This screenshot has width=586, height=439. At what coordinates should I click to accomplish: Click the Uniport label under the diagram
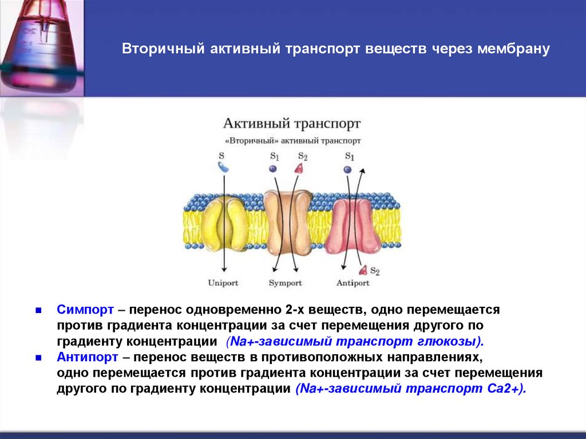[x=223, y=283]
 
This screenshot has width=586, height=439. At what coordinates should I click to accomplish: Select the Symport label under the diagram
[x=285, y=283]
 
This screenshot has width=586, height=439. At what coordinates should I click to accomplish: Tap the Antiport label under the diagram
[x=353, y=283]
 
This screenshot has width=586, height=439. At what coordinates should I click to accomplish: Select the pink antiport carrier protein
[x=355, y=226]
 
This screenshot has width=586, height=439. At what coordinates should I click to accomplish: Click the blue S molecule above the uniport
[x=223, y=167]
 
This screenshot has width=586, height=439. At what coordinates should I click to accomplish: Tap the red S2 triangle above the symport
[x=299, y=168]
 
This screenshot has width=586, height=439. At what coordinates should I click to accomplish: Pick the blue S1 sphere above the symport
[x=273, y=168]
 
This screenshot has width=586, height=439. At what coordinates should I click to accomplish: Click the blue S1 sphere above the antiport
[x=347, y=169]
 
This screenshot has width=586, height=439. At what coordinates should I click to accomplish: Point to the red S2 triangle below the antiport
[x=362, y=270]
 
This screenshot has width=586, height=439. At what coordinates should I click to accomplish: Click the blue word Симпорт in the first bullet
[x=85, y=310]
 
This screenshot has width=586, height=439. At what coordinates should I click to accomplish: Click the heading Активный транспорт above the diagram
[x=292, y=124]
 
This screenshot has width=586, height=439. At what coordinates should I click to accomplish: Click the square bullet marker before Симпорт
[x=38, y=310]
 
